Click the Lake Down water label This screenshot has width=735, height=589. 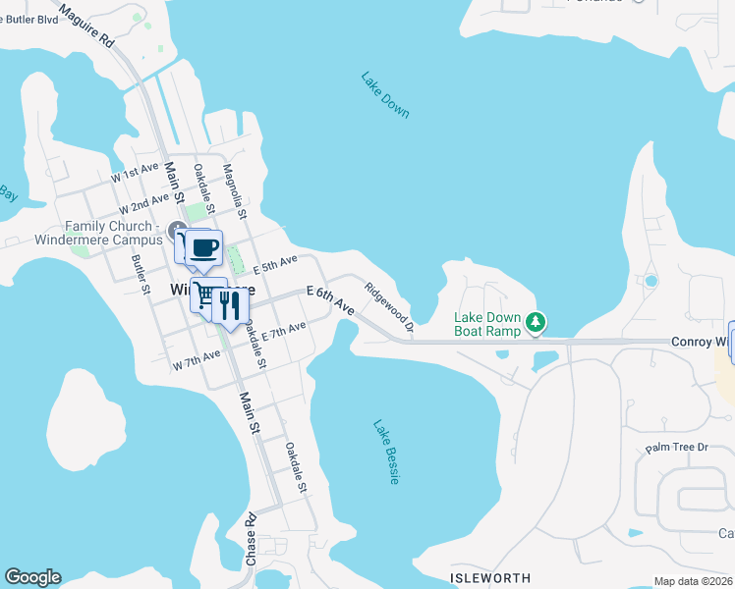[x=384, y=95]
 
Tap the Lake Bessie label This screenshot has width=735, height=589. [x=386, y=452]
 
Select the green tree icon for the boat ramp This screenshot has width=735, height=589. [x=536, y=321]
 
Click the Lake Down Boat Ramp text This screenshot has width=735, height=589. [x=487, y=324]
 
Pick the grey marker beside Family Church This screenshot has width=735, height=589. [x=178, y=232]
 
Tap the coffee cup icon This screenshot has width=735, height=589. [x=203, y=249]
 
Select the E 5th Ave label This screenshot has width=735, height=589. [x=274, y=264]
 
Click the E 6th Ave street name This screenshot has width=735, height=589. [x=330, y=299]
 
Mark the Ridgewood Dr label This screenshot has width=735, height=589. [x=388, y=304]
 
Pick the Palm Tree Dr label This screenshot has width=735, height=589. [x=676, y=448]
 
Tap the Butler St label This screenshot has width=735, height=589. [x=140, y=275]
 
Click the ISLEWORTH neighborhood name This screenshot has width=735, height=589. [x=490, y=578]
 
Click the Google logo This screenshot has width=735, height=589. [x=32, y=577]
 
